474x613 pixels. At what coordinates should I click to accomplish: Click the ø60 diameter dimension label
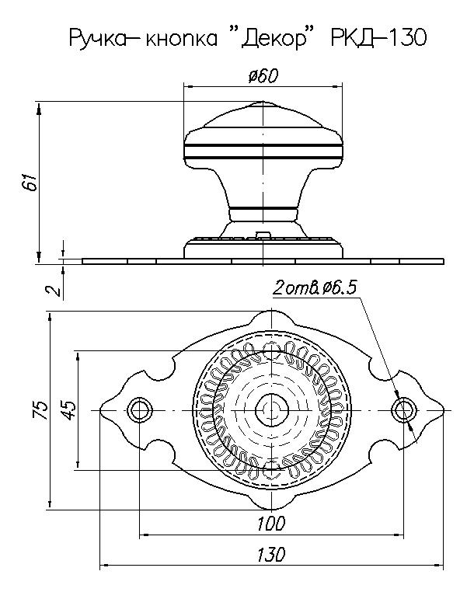click(263, 75)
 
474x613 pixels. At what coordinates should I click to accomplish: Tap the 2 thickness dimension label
click(53, 291)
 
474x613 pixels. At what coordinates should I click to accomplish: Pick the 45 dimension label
click(68, 409)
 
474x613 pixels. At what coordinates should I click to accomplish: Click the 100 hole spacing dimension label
click(270, 523)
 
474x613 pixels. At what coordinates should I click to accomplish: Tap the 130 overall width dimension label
click(270, 555)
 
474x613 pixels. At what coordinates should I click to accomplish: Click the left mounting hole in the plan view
click(139, 409)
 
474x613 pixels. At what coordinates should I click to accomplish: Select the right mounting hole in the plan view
click(402, 409)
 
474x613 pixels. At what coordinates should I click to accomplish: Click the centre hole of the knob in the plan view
click(270, 409)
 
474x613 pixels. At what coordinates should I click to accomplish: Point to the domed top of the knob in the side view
click(263, 117)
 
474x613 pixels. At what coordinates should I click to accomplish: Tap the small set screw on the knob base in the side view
click(263, 234)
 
